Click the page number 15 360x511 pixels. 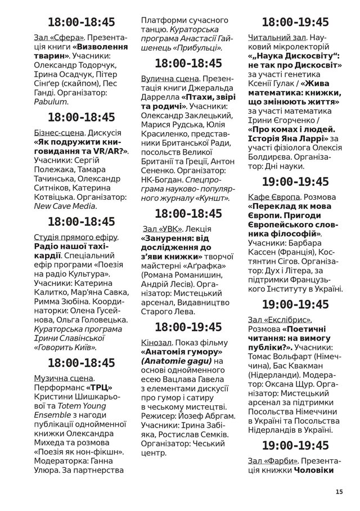[x=338, y=491]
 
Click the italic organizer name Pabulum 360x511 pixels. [x=51, y=102]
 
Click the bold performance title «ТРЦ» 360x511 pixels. [x=99, y=388]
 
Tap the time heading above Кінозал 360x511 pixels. [x=188, y=326]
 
